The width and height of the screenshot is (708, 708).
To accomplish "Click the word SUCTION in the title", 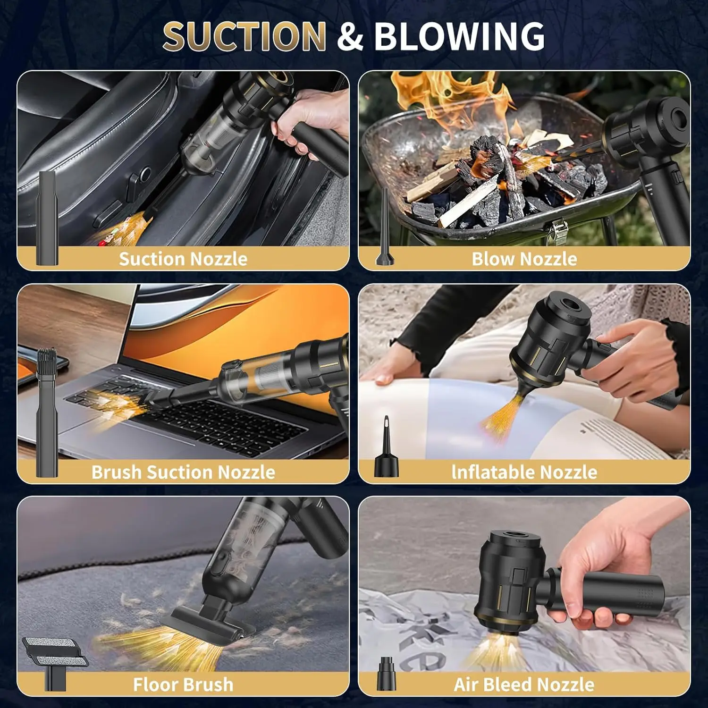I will (244, 36).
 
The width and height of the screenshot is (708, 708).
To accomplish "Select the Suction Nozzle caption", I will (183, 259).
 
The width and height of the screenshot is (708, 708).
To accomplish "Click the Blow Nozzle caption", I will (524, 259).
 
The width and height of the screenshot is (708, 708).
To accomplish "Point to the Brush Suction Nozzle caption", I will (183, 472).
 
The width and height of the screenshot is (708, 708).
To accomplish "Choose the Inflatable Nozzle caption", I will (524, 472).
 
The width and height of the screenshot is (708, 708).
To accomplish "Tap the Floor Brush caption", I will (183, 684).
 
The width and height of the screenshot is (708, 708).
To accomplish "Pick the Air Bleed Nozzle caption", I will (524, 684).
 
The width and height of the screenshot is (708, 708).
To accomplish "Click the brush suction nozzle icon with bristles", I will (47, 411).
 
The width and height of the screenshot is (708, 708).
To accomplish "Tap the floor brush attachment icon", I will (54, 661).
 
